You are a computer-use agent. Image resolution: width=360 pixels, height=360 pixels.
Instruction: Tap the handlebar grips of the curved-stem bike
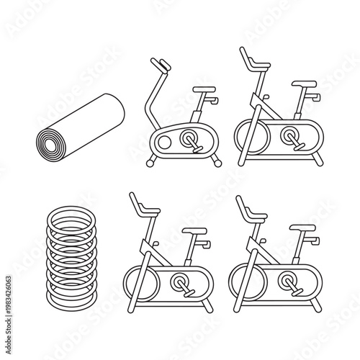[x=163, y=66]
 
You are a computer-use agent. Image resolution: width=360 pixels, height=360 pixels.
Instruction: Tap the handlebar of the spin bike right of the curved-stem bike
[x=248, y=63]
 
